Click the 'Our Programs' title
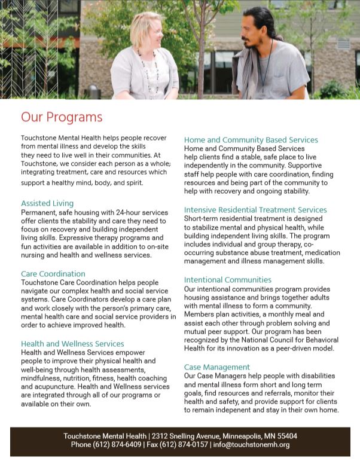tap(62, 117)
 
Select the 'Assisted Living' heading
tap(47, 203)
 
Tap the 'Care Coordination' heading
tap(53, 274)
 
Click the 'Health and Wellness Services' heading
tap(72, 344)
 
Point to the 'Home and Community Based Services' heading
tap(251, 140)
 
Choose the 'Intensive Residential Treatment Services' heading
tap(255, 210)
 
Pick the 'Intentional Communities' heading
tap(227, 280)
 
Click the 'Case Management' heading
tap(216, 367)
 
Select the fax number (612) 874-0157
tap(182, 445)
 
